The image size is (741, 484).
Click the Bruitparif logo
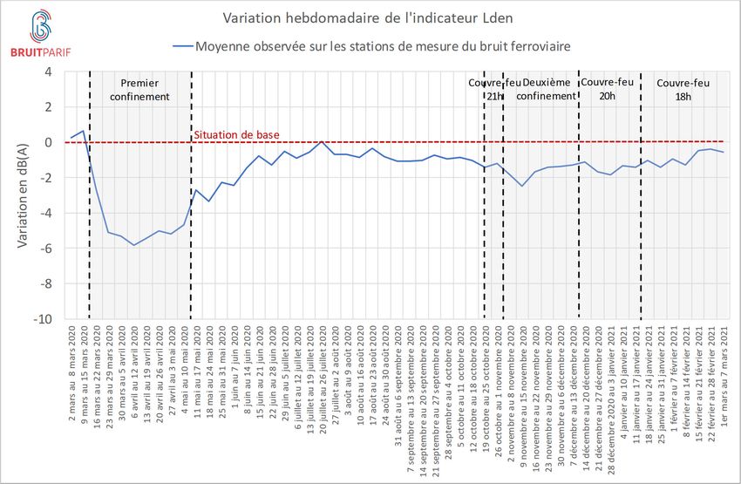point(38,34)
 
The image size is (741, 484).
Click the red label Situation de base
point(232,135)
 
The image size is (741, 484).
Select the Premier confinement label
point(139,89)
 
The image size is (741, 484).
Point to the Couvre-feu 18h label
point(683,89)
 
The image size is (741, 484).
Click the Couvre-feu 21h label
point(494,89)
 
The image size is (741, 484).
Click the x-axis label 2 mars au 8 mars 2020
point(71,366)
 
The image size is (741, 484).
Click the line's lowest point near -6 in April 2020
point(133,245)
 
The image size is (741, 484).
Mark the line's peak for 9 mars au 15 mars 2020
point(83,131)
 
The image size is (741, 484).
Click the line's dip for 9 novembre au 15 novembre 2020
point(522,186)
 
